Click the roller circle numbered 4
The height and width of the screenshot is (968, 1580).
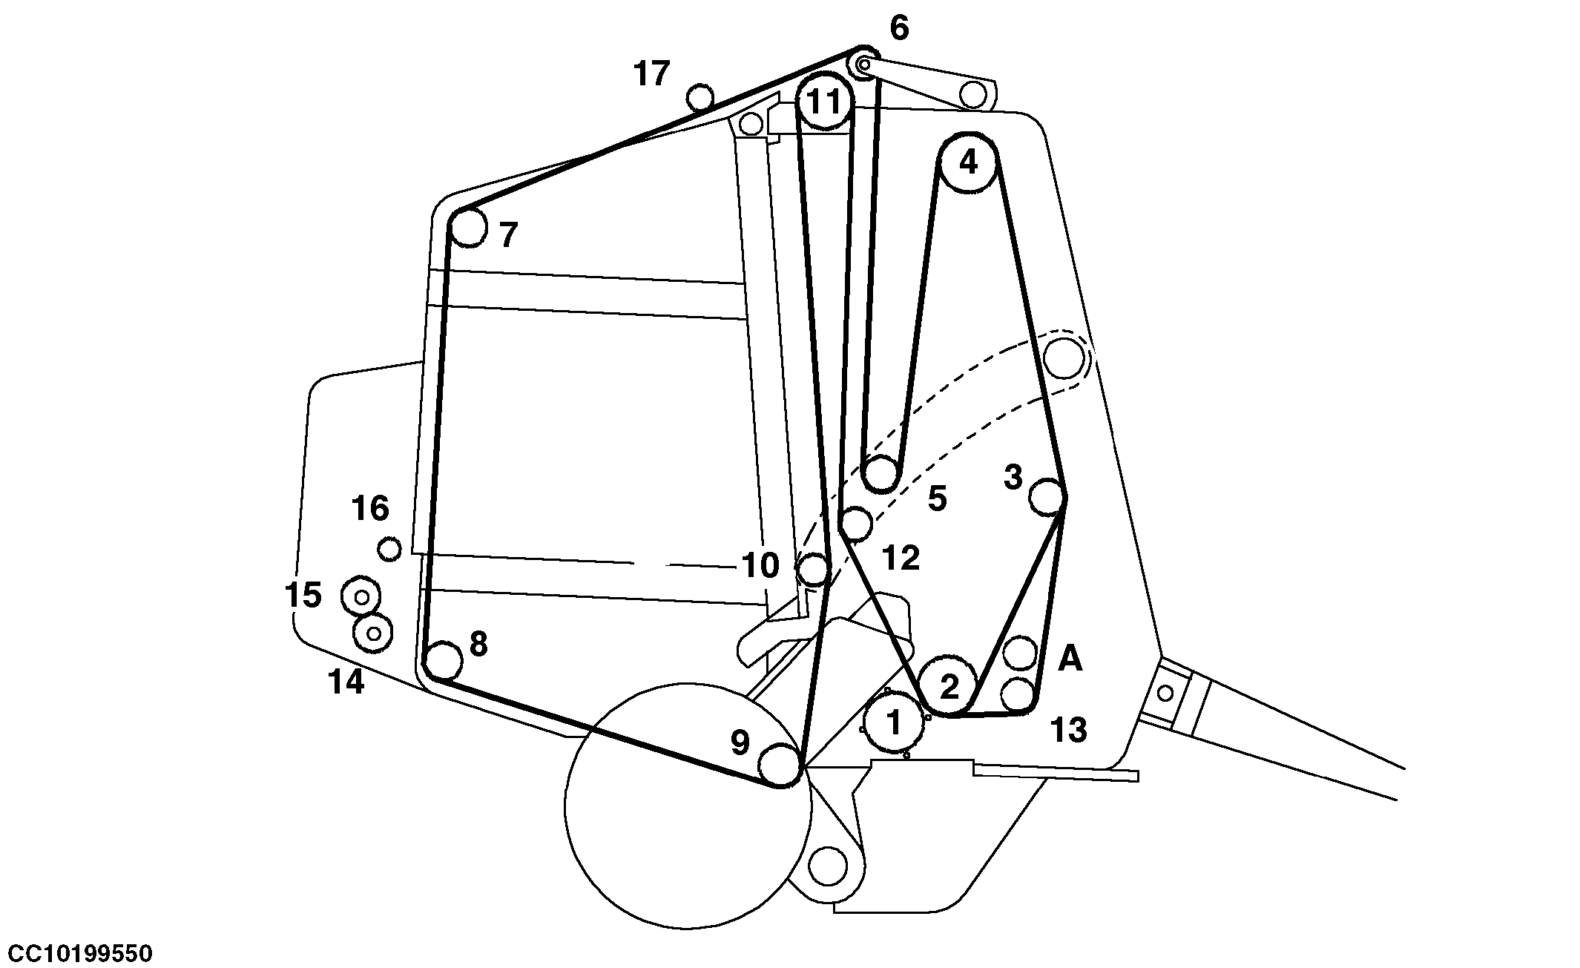[x=968, y=162]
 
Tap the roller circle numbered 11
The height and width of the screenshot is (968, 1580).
[x=823, y=101]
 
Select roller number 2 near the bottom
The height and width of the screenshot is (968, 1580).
[x=949, y=686]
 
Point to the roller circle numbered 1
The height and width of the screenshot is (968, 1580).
[x=895, y=722]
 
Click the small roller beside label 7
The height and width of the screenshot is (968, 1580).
[x=468, y=227]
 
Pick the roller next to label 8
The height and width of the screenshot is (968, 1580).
[x=442, y=660]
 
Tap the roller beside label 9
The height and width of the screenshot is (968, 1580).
[x=780, y=764]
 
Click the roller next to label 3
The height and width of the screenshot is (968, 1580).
[x=1048, y=496]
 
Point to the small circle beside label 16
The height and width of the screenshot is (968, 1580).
[x=389, y=550]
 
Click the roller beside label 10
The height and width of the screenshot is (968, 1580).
[x=813, y=570]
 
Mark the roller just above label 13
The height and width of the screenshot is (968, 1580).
[x=1018, y=694]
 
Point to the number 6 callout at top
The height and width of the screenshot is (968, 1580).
[x=898, y=28]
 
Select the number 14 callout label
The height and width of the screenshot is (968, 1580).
[x=346, y=682]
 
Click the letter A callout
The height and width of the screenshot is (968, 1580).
[x=1070, y=658]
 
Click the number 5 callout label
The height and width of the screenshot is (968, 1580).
[x=938, y=499]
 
